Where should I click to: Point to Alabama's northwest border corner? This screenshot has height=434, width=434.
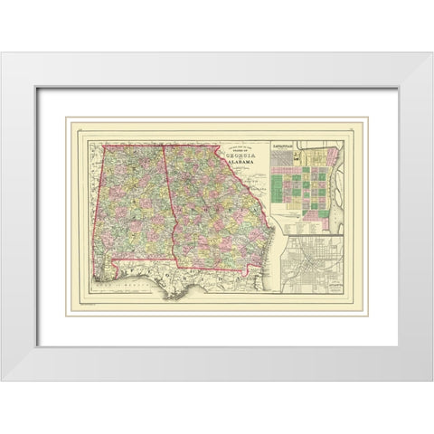click(x=101, y=145)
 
